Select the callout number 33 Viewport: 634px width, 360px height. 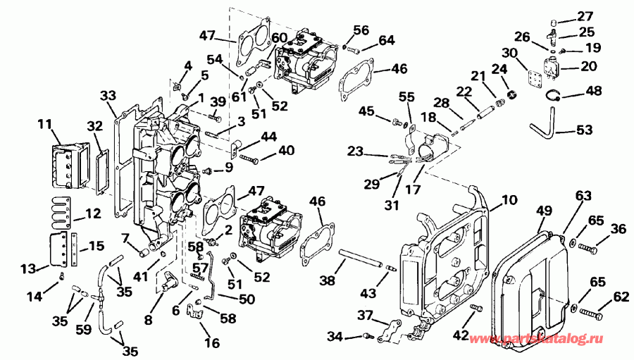point(107,95)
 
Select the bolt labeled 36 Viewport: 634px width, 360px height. point(590,248)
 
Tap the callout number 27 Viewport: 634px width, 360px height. point(585,15)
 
